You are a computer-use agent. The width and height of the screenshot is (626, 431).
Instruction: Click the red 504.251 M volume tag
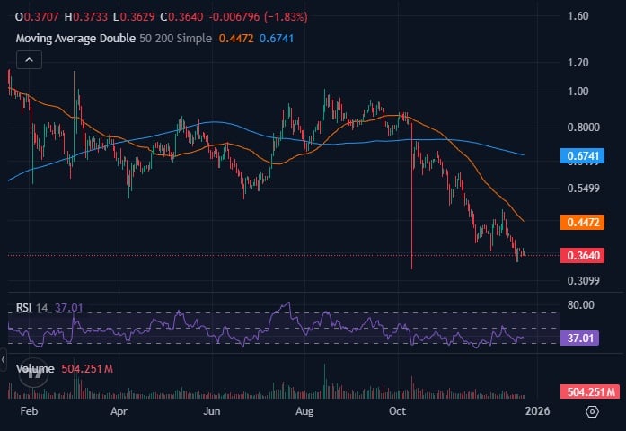point(589,391)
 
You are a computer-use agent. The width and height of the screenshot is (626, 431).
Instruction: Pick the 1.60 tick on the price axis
point(578,16)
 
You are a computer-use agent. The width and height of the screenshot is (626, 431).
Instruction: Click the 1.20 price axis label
point(578,63)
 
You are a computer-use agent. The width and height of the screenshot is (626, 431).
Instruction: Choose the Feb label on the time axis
point(28,410)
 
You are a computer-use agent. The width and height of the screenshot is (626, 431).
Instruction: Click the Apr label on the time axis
point(119,410)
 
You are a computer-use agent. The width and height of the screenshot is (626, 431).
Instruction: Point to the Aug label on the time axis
point(304,410)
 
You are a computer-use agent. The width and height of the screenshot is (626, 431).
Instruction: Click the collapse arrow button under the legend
point(28,60)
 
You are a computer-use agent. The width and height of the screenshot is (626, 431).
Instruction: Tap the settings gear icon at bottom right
point(593,410)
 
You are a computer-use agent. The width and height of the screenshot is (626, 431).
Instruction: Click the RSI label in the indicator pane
point(24,308)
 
